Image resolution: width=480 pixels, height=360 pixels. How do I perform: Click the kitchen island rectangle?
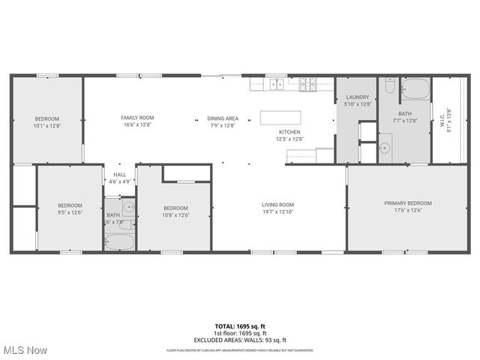pos(280,117)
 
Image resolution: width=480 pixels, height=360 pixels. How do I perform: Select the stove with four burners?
pos(307,84)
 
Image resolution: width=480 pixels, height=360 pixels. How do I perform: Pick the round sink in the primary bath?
pos(385,147)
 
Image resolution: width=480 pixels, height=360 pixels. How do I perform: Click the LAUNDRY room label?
pos(357,97)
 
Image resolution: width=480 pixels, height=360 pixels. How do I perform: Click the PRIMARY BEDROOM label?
pos(408,203)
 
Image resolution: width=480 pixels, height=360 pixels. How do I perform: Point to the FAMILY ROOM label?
pos(137,118)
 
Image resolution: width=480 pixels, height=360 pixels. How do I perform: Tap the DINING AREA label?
pos(223,118)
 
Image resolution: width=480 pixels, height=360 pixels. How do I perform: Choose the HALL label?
pos(120,174)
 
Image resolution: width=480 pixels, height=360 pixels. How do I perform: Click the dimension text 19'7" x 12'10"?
pos(277,212)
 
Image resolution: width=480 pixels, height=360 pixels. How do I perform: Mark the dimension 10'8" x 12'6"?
pos(175,215)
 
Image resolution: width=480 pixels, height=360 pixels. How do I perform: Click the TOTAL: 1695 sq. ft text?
pos(240,326)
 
